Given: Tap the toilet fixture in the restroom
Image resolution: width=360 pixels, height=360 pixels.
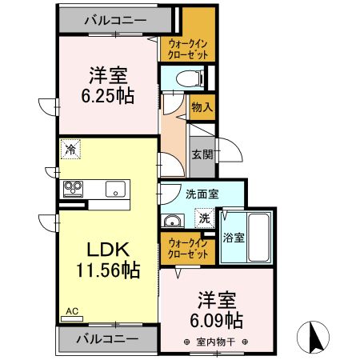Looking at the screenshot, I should click(x=182, y=78).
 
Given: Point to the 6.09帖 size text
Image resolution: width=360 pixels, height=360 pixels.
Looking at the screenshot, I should click(x=218, y=320).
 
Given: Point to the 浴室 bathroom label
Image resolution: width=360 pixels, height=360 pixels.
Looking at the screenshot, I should click(x=234, y=237).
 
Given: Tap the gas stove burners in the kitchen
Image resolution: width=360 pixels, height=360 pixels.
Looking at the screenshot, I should click(x=74, y=190).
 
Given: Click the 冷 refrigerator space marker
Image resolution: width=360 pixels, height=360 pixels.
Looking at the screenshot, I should click(x=71, y=149).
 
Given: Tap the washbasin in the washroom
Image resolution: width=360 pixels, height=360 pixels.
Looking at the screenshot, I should click(x=172, y=222).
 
